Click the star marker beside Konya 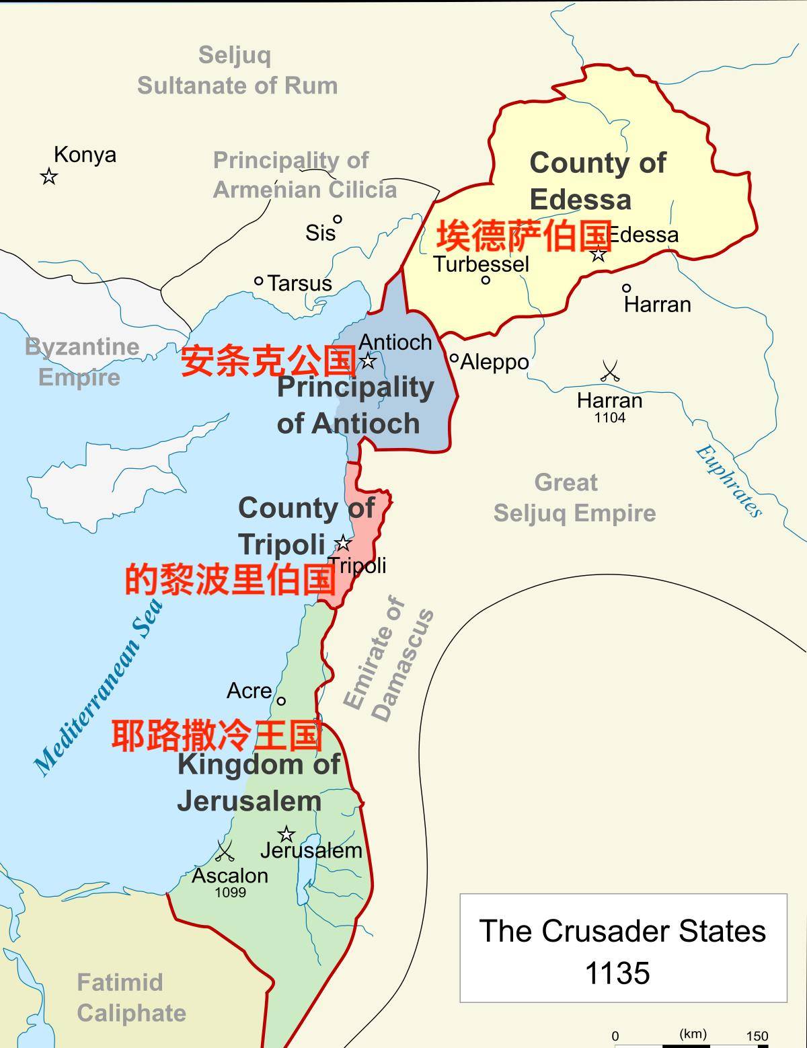pos(48,177)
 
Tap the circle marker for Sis pos(338,219)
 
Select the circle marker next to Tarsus pos(259,281)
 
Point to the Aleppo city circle pos(454,359)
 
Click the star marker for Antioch pos(368,361)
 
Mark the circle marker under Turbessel pos(486,280)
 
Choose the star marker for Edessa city pos(598,254)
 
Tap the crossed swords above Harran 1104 pos(609,371)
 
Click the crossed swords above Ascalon pos(224,851)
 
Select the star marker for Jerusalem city pos(286,834)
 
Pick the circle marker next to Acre pos(281,701)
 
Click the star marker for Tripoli pos(343,543)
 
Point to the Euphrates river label pos(728,480)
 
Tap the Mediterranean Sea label pos(99,686)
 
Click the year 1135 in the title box pos(617,973)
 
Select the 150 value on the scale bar pos(757,1036)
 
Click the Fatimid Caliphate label pos(131,998)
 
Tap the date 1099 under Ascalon pos(230,893)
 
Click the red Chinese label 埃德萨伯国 pos(525,235)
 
